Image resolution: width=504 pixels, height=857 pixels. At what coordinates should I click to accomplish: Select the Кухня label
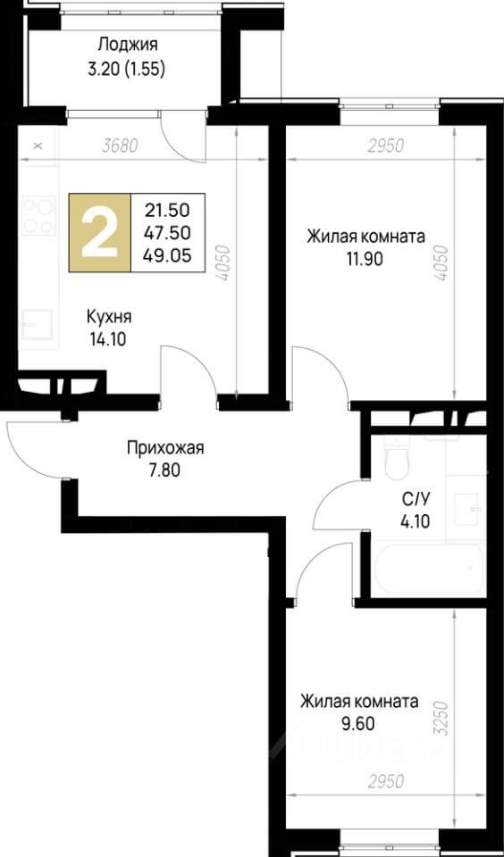tap(110, 316)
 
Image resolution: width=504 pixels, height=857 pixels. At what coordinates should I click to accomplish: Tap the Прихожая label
tap(164, 447)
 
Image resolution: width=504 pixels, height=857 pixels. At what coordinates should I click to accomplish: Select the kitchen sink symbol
tap(38, 323)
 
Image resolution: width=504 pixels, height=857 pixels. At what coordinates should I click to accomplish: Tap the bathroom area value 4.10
tap(416, 522)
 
